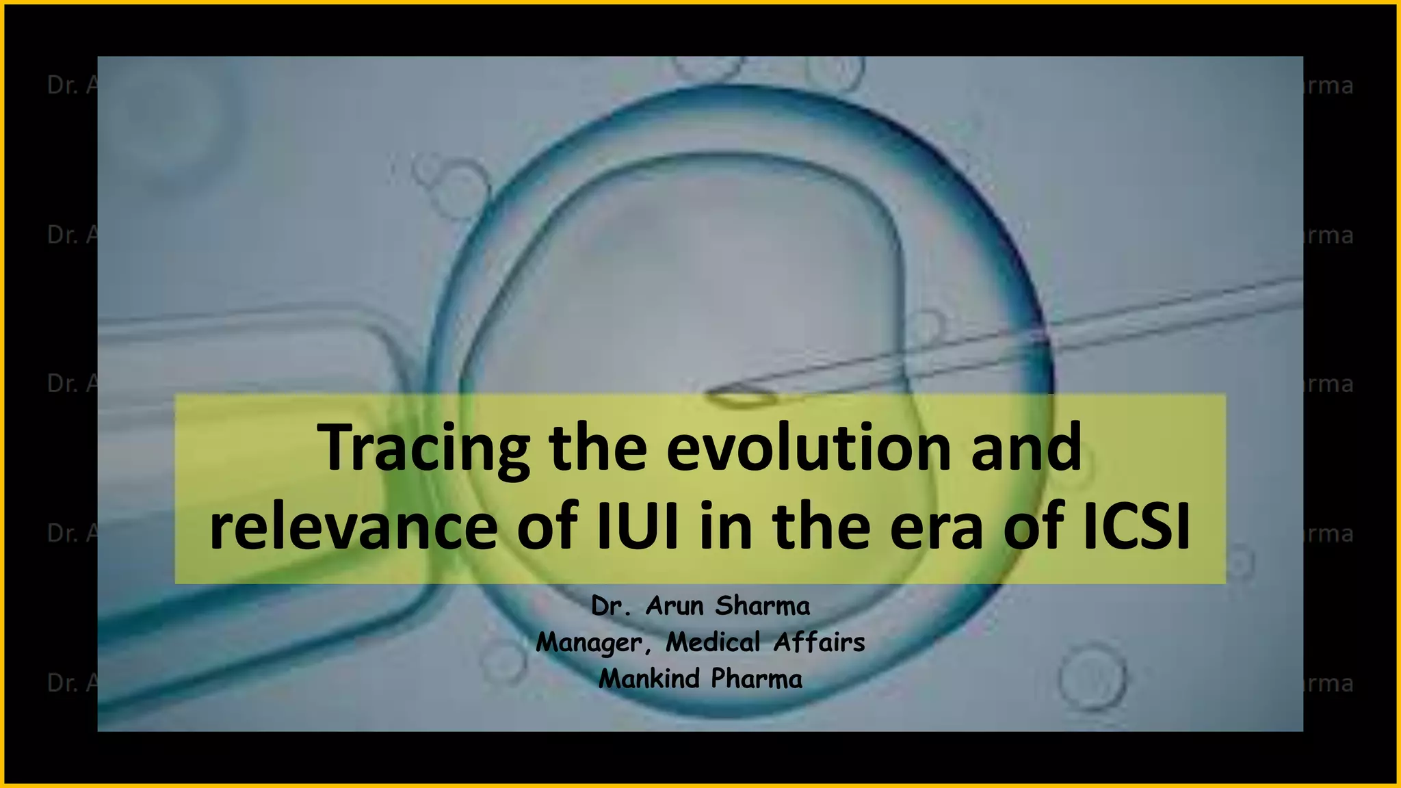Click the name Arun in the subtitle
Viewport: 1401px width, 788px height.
674,605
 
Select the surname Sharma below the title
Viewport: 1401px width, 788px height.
763,605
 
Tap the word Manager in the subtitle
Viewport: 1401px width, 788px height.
590,642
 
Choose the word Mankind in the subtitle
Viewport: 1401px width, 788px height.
649,679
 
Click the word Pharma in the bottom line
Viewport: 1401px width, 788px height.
757,679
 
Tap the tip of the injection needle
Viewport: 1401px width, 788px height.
711,393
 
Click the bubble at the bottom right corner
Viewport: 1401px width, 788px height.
1092,678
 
